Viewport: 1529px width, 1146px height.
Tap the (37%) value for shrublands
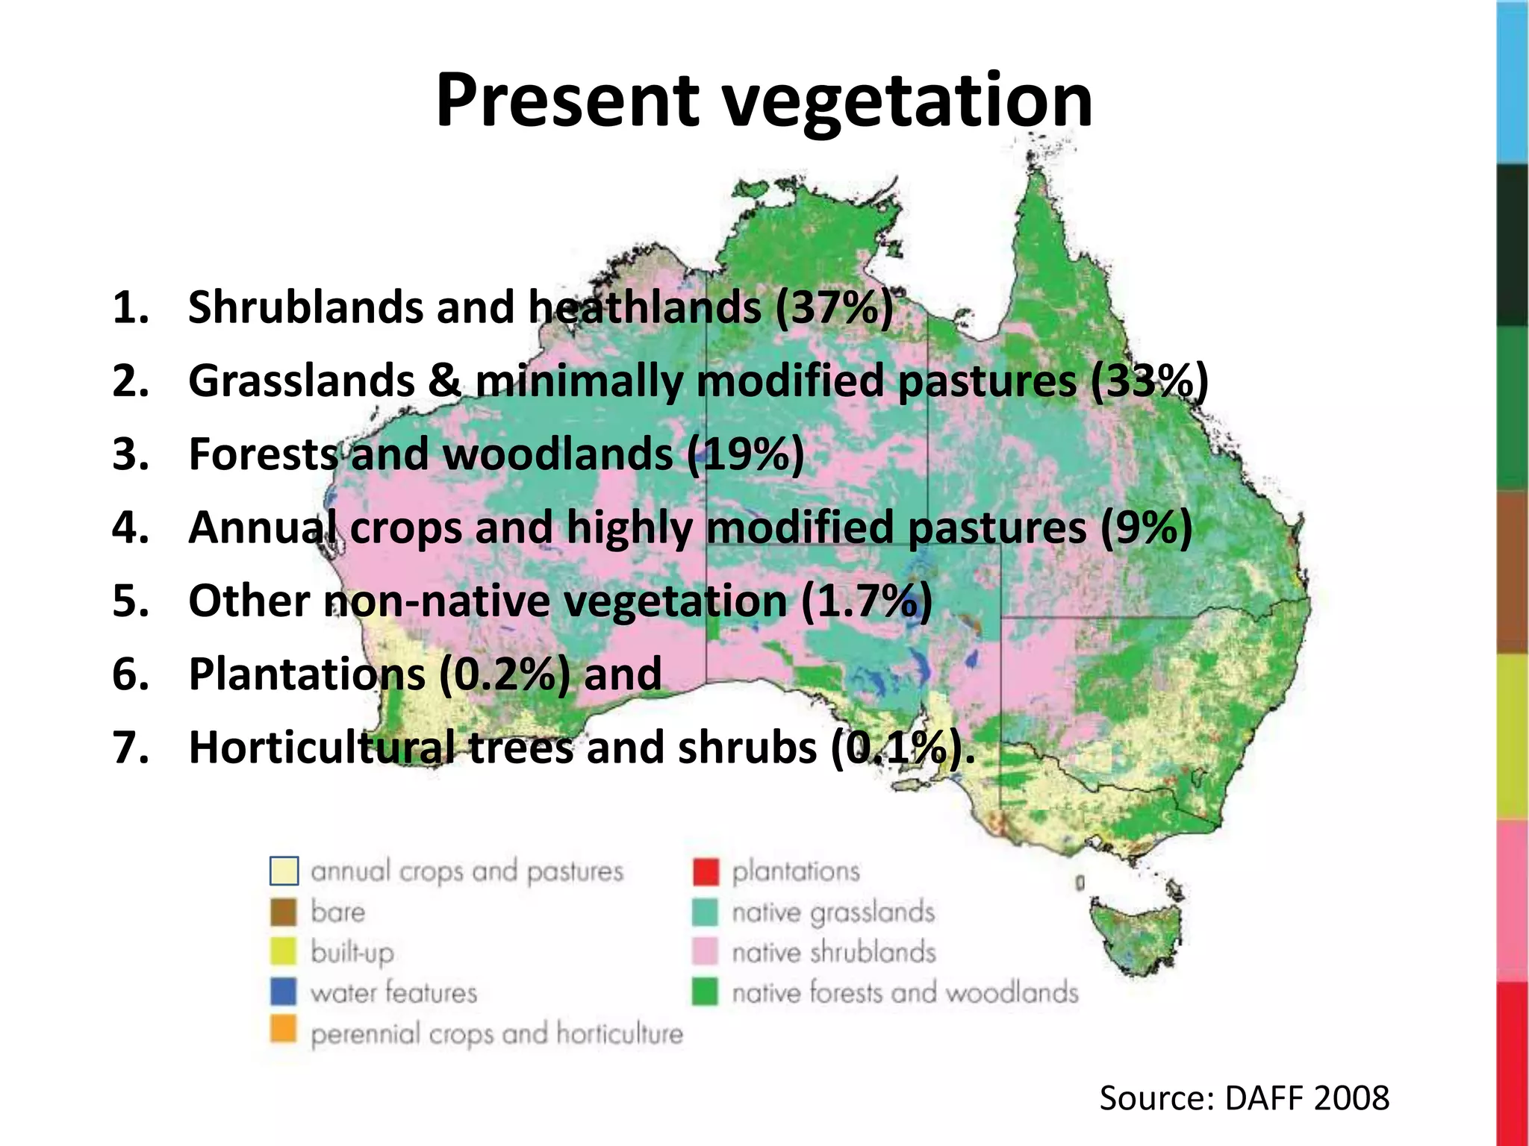pyautogui.click(x=834, y=307)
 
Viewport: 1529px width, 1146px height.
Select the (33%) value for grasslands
pyautogui.click(x=1149, y=381)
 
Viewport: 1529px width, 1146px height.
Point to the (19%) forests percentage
pyautogui.click(x=745, y=454)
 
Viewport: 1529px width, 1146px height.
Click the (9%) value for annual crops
pyautogui.click(x=1146, y=527)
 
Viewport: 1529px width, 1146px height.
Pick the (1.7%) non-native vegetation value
pyautogui.click(x=866, y=601)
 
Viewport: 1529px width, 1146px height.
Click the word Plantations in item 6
pyautogui.click(x=307, y=674)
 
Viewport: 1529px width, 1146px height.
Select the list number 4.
pyautogui.click(x=129, y=527)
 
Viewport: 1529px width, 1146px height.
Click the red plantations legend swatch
pyautogui.click(x=706, y=871)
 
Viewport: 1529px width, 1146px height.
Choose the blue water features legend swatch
pyautogui.click(x=283, y=992)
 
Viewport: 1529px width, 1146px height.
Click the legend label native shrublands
pyautogui.click(x=833, y=953)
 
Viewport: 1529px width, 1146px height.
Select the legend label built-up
pyautogui.click(x=352, y=953)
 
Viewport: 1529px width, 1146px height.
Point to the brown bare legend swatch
pyautogui.click(x=283, y=912)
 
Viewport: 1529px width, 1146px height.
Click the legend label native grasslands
pyautogui.click(x=833, y=912)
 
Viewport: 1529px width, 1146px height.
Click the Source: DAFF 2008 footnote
pyautogui.click(x=1244, y=1098)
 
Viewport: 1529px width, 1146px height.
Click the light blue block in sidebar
pyautogui.click(x=1513, y=82)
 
